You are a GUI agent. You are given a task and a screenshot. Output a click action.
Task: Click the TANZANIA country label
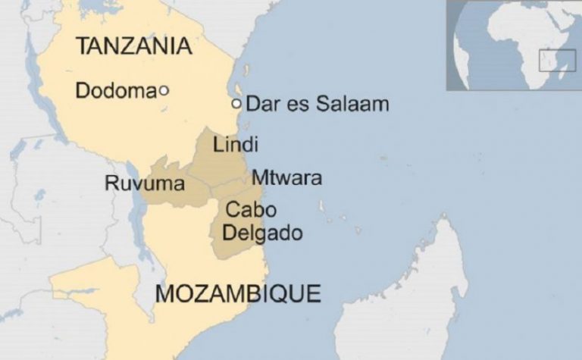coord(133,46)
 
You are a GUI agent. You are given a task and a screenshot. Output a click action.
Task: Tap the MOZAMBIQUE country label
coord(237,293)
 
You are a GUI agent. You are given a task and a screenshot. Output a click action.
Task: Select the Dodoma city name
coord(115,91)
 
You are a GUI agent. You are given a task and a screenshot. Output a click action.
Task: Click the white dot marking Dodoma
coord(164,91)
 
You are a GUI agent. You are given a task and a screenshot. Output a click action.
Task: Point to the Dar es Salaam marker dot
coord(236,103)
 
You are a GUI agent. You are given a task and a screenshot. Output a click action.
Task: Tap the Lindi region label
coord(236,144)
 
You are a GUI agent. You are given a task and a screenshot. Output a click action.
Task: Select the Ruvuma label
coord(134,183)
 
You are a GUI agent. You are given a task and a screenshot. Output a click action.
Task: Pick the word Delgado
coord(264,233)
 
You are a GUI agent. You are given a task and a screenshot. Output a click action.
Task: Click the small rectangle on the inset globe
coord(557,61)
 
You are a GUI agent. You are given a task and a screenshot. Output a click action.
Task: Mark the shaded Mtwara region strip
coord(235,185)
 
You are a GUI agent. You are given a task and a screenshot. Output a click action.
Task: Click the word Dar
coord(259,104)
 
